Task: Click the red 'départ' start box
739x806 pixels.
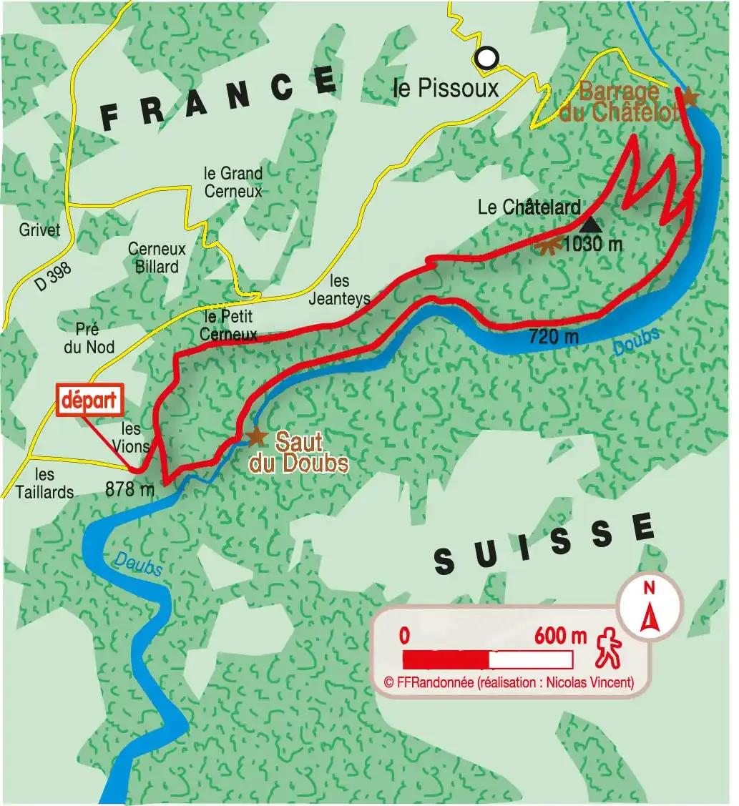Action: [x=90, y=400]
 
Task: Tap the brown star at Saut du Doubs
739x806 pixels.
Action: [x=255, y=436]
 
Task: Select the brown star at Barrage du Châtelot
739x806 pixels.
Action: [x=688, y=96]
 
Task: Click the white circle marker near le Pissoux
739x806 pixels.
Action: [x=487, y=57]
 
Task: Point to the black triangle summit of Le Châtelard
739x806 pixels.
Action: [x=592, y=225]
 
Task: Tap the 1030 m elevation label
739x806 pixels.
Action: [x=592, y=245]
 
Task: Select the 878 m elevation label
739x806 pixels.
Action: [x=129, y=490]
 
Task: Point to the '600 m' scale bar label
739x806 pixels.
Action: [x=559, y=635]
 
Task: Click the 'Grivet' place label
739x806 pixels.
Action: [x=40, y=230]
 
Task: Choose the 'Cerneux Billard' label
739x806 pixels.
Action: [x=157, y=257]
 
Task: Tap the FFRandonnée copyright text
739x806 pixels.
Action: [x=509, y=683]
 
